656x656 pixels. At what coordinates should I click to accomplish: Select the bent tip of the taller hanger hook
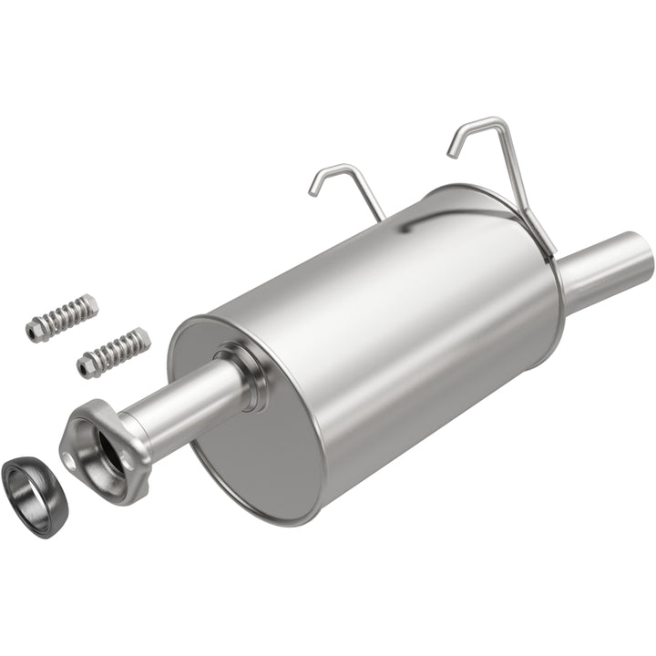pyautogui.click(x=453, y=149)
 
